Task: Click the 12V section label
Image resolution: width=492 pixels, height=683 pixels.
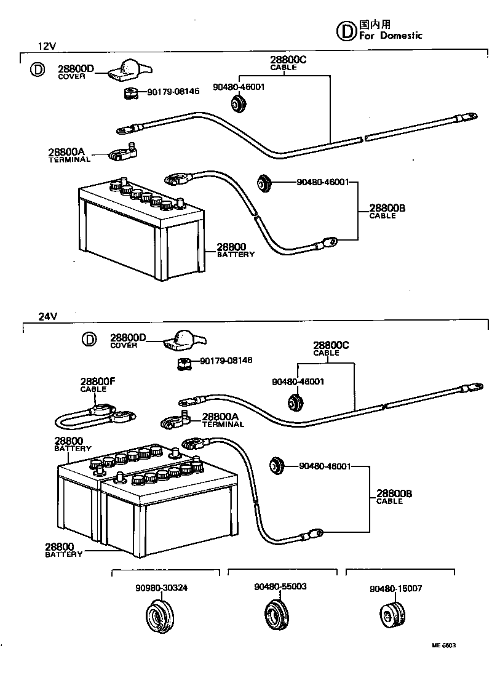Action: pos(47,46)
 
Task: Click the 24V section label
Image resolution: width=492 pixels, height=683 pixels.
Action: pos(47,316)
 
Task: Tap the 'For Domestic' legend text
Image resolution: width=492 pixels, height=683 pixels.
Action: pos(391,36)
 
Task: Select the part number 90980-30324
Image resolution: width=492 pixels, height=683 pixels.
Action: pos(162,588)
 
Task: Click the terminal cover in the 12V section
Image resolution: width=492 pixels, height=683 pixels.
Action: pos(125,70)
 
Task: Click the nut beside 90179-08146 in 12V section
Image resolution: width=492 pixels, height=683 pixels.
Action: pos(129,94)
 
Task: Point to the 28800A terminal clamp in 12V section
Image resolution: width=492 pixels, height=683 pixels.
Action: pos(123,153)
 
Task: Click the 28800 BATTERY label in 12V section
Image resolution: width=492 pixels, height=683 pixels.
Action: pos(234,250)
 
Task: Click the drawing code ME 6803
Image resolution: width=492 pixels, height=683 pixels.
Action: pos(443,646)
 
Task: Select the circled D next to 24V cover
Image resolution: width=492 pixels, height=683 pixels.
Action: pos(89,340)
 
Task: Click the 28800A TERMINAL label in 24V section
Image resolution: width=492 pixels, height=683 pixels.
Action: pos(223,420)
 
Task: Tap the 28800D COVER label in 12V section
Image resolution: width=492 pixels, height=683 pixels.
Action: pos(76,72)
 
